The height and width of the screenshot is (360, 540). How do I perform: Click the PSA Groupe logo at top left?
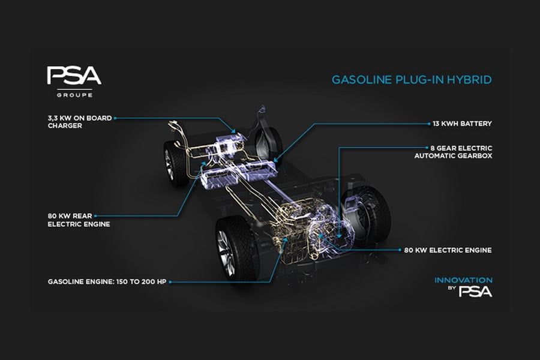point(74,82)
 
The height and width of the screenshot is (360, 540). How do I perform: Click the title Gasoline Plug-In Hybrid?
point(412,80)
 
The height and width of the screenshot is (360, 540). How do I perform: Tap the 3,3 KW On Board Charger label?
point(80,122)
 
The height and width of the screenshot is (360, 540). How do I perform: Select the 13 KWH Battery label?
point(462,124)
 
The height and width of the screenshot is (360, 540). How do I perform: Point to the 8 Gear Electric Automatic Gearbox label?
point(453,152)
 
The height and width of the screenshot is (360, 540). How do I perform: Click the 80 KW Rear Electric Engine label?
point(79,220)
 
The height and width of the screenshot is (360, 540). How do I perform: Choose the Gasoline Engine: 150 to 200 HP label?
point(107,282)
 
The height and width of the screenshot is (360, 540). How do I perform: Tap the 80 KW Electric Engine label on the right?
point(448,250)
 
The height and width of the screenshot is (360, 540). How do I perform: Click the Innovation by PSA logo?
point(464,287)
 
